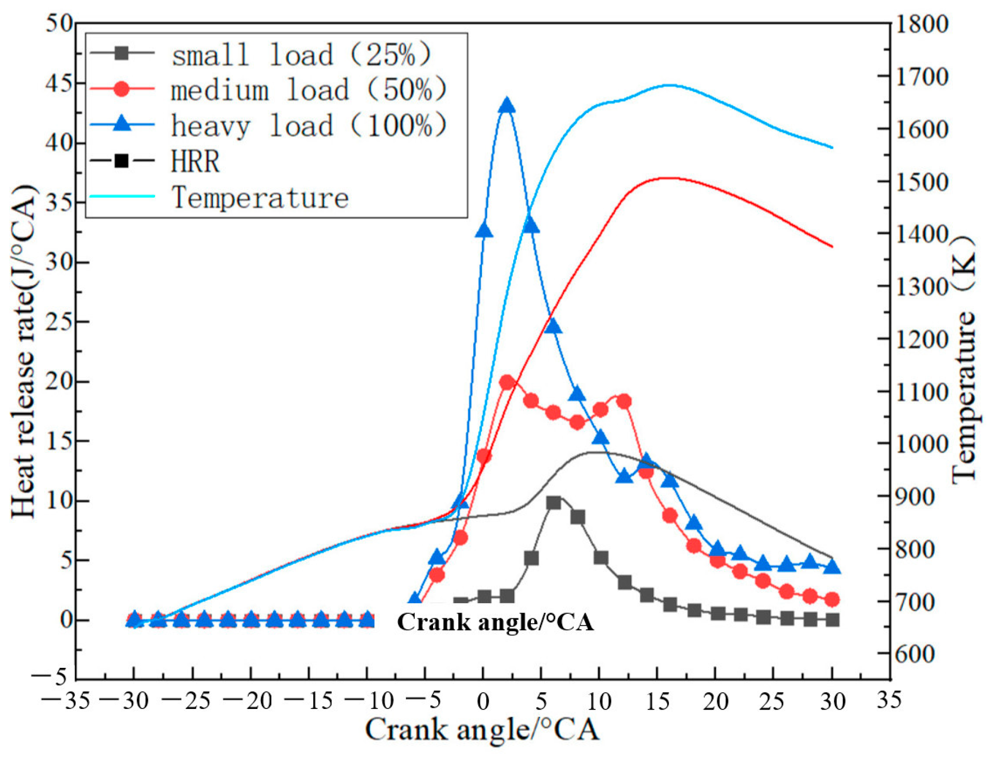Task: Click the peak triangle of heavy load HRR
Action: (506, 106)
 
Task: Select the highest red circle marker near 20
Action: (507, 383)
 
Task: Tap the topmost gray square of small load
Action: (554, 502)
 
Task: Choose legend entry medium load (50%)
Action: (309, 90)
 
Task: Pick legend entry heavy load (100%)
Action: (309, 126)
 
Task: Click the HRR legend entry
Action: (195, 161)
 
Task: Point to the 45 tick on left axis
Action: (58, 83)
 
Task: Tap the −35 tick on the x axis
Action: (66, 701)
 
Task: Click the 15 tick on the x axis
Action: (658, 701)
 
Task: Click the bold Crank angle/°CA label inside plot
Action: (495, 622)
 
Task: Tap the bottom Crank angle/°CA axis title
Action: (482, 729)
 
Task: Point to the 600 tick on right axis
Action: (914, 654)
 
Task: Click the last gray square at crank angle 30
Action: (832, 620)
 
